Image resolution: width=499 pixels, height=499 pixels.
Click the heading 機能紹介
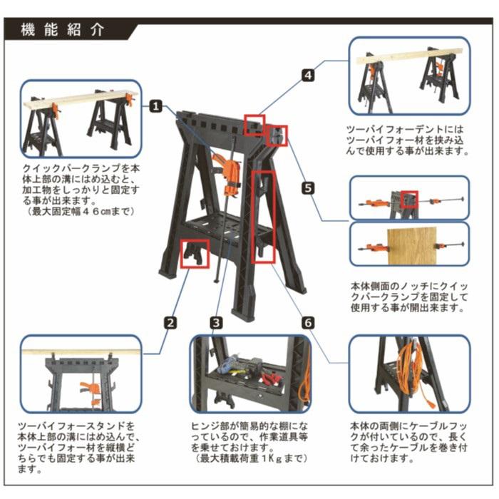(63, 30)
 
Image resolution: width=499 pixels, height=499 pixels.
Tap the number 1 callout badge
(156, 106)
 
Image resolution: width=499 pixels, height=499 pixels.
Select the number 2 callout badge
(170, 323)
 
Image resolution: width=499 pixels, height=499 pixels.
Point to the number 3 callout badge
(216, 323)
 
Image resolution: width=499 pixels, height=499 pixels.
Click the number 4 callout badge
(308, 76)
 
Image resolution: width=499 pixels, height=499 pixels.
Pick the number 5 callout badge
(308, 187)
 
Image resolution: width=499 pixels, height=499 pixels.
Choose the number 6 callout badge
(308, 323)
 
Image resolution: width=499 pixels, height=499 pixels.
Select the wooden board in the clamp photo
(412, 246)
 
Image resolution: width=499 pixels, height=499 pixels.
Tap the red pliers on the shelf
(271, 379)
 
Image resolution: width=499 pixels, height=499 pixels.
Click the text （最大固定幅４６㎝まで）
(81, 211)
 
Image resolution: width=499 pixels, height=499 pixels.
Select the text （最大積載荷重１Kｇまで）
(251, 458)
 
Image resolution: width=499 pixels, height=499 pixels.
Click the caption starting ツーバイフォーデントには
(407, 140)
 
